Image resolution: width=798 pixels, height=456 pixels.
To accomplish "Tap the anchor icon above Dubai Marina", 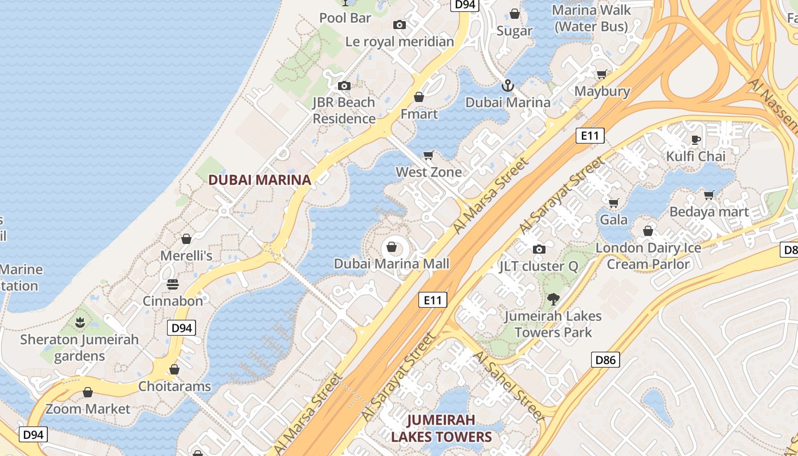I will [507, 86].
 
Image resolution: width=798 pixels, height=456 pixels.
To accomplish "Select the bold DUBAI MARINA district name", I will [259, 180].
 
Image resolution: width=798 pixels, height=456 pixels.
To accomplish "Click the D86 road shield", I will [605, 360].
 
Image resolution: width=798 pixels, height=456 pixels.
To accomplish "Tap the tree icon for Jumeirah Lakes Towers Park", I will [553, 299].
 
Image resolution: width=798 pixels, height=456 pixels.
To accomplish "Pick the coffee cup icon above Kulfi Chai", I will [695, 140].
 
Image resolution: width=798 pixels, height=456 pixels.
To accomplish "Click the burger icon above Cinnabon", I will [173, 284].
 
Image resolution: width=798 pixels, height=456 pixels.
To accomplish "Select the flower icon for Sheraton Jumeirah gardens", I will [80, 323].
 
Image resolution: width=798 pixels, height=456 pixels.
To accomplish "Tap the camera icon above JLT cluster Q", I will [539, 249].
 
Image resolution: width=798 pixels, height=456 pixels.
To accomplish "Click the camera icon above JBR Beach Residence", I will [344, 86].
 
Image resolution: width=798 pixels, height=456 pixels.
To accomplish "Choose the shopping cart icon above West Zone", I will [429, 156].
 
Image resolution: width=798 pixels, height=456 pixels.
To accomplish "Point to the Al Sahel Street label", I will [508, 385].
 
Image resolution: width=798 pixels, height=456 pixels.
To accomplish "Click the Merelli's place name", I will [186, 256].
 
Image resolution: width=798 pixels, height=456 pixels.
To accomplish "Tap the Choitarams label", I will [174, 386].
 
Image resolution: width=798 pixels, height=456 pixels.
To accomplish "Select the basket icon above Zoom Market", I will [88, 392].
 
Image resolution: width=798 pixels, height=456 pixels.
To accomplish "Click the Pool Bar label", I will [345, 18].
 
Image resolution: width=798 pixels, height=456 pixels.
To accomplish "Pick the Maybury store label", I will [602, 91].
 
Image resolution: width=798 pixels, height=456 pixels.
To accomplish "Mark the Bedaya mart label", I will [709, 212].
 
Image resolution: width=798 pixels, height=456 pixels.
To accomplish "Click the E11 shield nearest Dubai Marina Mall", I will [433, 300].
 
